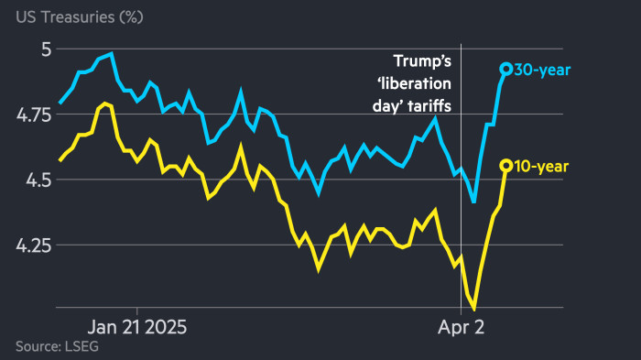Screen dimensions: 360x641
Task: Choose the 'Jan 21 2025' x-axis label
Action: pyautogui.click(x=136, y=326)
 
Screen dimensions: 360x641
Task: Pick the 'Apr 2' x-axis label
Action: pyautogui.click(x=460, y=326)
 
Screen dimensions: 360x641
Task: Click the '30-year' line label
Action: pyautogui.click(x=542, y=69)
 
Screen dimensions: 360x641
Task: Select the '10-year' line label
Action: pyautogui.click(x=542, y=166)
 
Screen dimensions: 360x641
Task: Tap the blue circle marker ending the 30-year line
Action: pyautogui.click(x=505, y=69)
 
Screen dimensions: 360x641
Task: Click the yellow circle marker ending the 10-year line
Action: pyautogui.click(x=505, y=166)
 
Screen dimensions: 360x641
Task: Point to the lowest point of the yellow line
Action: pyautogui.click(x=474, y=310)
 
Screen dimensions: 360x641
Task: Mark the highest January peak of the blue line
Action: pyautogui.click(x=111, y=54)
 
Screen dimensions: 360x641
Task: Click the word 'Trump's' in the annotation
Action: pyautogui.click(x=422, y=62)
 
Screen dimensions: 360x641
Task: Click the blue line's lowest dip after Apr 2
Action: pyautogui.click(x=473, y=202)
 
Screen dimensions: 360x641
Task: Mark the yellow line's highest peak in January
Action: pyautogui.click(x=103, y=104)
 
